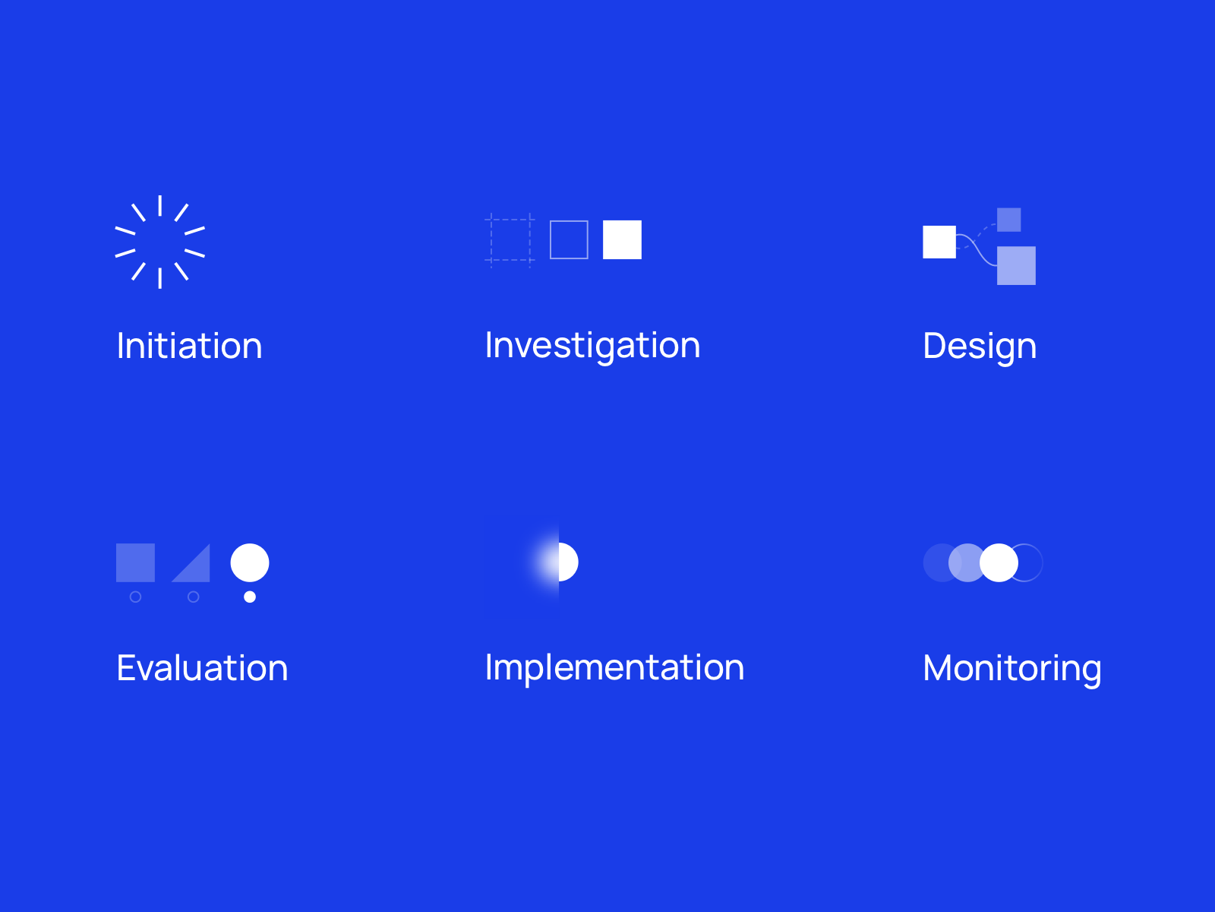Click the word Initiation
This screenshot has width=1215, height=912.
(189, 346)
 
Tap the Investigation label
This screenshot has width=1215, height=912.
(592, 347)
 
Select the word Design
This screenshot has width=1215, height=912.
(979, 347)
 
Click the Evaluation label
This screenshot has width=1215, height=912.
(202, 668)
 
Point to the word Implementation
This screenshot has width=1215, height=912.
(614, 668)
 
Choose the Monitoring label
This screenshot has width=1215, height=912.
(1011, 670)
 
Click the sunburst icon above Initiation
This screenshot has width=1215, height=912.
(160, 242)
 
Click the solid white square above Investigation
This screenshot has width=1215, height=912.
(622, 239)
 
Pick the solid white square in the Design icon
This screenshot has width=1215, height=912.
(939, 242)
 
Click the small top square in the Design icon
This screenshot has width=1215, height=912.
(1009, 220)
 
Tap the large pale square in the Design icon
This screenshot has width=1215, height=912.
(1016, 266)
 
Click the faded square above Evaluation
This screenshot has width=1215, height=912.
(136, 562)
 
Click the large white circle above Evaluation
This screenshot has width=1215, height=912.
(250, 562)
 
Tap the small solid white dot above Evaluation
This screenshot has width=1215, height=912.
(250, 597)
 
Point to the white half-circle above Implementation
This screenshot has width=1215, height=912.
(568, 562)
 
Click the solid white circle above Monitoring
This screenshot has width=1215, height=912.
(999, 562)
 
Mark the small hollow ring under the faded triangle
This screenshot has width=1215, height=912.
(193, 591)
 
